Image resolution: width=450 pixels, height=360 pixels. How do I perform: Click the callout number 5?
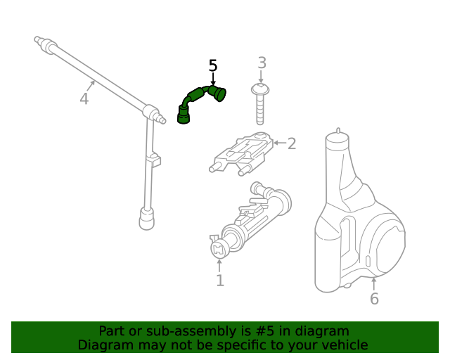point(213,66)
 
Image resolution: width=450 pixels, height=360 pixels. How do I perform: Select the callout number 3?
point(262,63)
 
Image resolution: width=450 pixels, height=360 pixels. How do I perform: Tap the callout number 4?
point(84,98)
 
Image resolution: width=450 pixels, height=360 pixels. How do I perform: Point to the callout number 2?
point(292,143)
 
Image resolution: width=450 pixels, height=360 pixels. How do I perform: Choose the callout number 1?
point(219,281)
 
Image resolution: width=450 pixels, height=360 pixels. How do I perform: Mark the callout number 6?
point(374,299)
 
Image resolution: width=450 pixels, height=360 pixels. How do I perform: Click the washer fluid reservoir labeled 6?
point(355,225)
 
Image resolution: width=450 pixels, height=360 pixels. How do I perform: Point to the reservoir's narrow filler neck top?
point(337,135)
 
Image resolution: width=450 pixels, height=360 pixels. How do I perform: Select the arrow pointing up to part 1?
point(219,265)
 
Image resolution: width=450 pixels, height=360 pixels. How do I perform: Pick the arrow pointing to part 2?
point(278,143)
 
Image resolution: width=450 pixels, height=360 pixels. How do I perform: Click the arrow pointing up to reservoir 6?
point(373,283)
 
